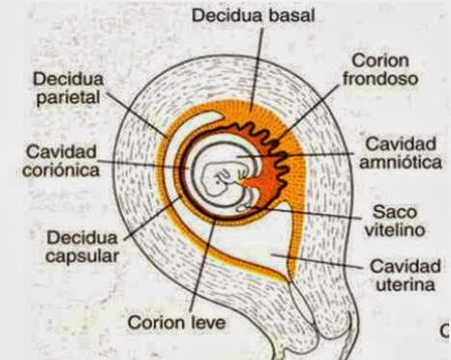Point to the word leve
click(207, 324)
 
